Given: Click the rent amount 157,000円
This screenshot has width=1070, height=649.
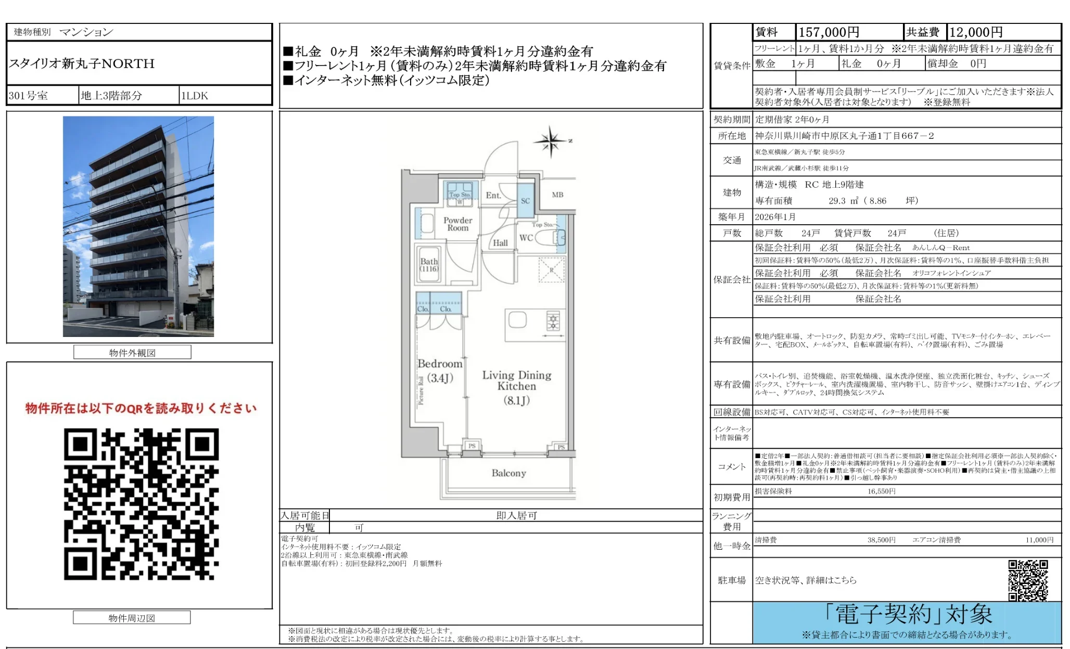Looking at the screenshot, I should [829, 32].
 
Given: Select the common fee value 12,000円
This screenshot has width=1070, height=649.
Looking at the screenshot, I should [976, 32].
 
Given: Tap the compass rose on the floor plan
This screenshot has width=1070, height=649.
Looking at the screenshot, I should [551, 140].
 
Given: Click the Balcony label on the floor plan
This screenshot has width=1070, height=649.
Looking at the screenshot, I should [508, 473].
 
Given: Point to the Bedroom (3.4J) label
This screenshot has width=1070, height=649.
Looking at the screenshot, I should [440, 370].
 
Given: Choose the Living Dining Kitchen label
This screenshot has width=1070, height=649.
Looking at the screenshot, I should [516, 387].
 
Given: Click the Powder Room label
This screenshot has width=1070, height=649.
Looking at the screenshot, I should [457, 224].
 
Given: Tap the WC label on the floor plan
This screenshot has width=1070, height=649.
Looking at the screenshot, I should [526, 238].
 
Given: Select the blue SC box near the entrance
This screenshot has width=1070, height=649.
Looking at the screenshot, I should [525, 201].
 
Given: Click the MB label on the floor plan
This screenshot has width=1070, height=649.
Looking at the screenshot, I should [557, 194].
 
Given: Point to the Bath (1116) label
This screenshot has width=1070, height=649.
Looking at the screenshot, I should [429, 265].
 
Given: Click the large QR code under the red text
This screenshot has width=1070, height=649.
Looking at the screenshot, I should [141, 504].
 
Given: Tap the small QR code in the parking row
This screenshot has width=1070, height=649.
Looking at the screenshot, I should [1027, 580].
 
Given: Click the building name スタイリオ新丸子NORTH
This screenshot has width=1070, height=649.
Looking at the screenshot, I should [82, 63].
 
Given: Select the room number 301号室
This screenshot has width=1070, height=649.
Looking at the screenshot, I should [28, 96].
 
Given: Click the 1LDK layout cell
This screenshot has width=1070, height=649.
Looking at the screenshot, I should [194, 96].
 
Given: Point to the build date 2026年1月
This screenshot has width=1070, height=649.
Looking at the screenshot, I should [775, 217].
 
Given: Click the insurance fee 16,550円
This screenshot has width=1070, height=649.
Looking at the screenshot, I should [881, 491].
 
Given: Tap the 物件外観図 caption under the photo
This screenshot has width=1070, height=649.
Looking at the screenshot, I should [132, 353].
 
